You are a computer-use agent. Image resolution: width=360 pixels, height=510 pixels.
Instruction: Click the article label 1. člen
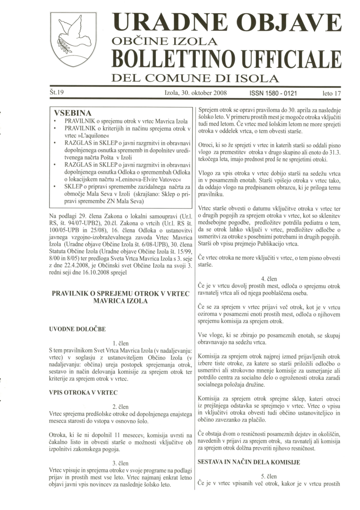(121, 342)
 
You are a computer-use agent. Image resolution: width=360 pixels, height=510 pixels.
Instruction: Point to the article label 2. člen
(121, 406)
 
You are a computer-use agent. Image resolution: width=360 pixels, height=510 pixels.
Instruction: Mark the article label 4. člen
(270, 278)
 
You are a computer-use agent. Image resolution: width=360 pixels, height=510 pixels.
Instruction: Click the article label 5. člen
(270, 477)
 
